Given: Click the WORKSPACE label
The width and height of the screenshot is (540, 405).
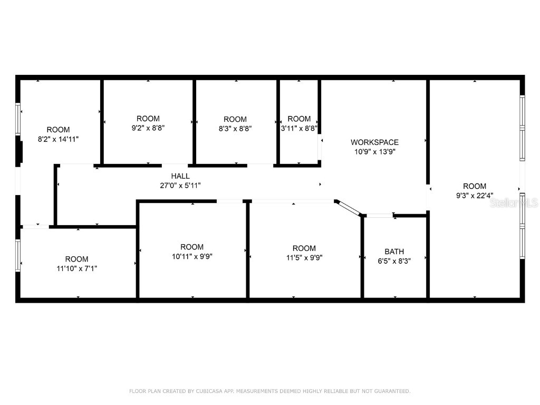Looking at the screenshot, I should coord(374,142).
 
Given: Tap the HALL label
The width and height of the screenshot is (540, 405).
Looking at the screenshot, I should coord(180,176).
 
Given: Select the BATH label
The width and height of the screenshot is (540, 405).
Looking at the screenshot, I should coord(394,252).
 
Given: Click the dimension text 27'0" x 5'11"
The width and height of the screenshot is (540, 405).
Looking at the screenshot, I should coord(180,185).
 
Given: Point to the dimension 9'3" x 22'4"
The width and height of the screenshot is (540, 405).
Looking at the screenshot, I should coord(475,195).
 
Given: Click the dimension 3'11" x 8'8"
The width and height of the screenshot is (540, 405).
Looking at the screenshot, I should coord(299,128).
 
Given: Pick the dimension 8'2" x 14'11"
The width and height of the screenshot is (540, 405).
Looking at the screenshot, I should coord(58,139).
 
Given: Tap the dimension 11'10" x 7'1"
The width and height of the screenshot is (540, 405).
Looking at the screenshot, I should coord(76,268).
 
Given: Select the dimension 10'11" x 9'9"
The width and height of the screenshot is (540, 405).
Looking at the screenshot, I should coord(191,256).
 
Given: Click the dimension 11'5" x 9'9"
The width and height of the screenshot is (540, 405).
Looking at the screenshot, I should coord(304,257).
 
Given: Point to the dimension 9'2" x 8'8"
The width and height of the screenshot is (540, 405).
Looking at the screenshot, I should coord(148,128).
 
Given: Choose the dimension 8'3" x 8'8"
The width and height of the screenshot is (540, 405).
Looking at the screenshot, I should coord(235,128).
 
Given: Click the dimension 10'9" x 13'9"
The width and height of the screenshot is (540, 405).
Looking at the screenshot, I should coord(374,151).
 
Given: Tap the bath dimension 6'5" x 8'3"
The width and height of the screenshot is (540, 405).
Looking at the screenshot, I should coord(394,261).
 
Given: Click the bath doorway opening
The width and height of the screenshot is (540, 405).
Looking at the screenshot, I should coord(379,215).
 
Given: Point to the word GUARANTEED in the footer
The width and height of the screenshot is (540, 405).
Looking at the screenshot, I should coord(393,391).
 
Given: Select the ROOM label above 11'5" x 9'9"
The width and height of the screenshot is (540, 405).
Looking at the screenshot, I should coord(304,248).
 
